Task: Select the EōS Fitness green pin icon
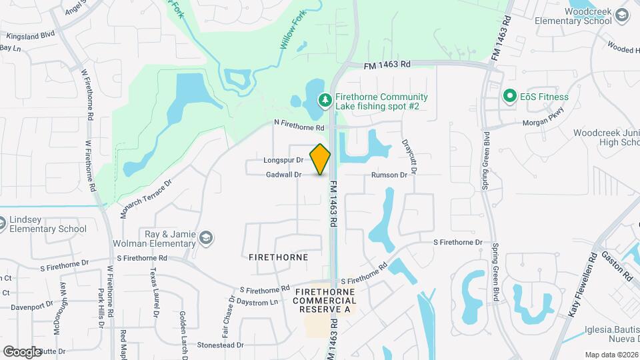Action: coord(510,97)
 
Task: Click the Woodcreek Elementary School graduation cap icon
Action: coord(622,15)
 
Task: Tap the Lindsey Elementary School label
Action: coord(48,225)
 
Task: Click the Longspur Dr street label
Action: coord(283,160)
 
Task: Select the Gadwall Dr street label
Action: coord(284,174)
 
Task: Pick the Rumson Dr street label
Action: coord(389,175)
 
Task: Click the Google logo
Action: coord(22,351)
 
